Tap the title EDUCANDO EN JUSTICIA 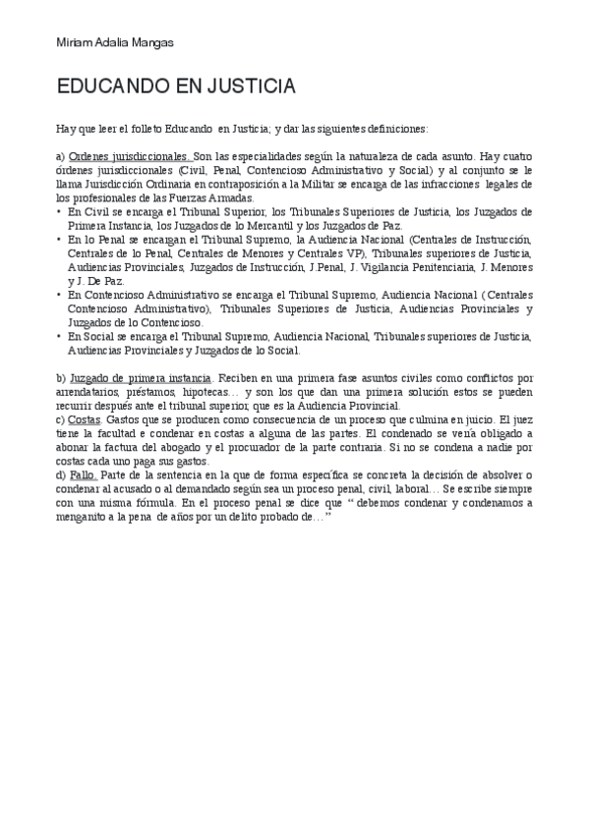[x=176, y=87]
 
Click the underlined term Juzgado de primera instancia [x=141, y=378]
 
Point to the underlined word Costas [x=86, y=419]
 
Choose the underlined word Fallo [x=83, y=475]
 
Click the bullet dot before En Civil [x=59, y=211]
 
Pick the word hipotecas [x=206, y=392]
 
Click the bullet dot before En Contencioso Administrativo [x=59, y=295]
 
